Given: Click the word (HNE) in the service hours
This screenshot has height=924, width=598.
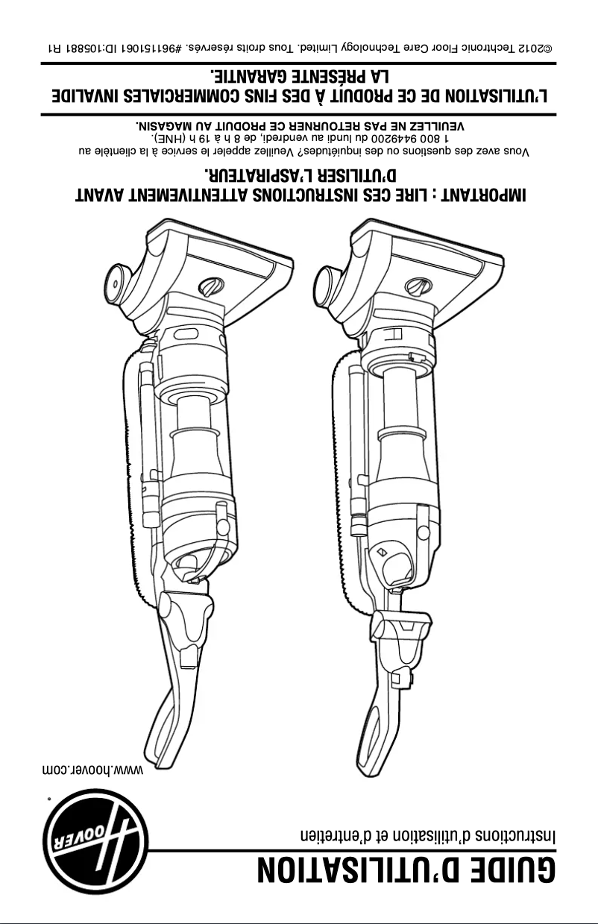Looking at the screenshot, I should [x=169, y=139].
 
